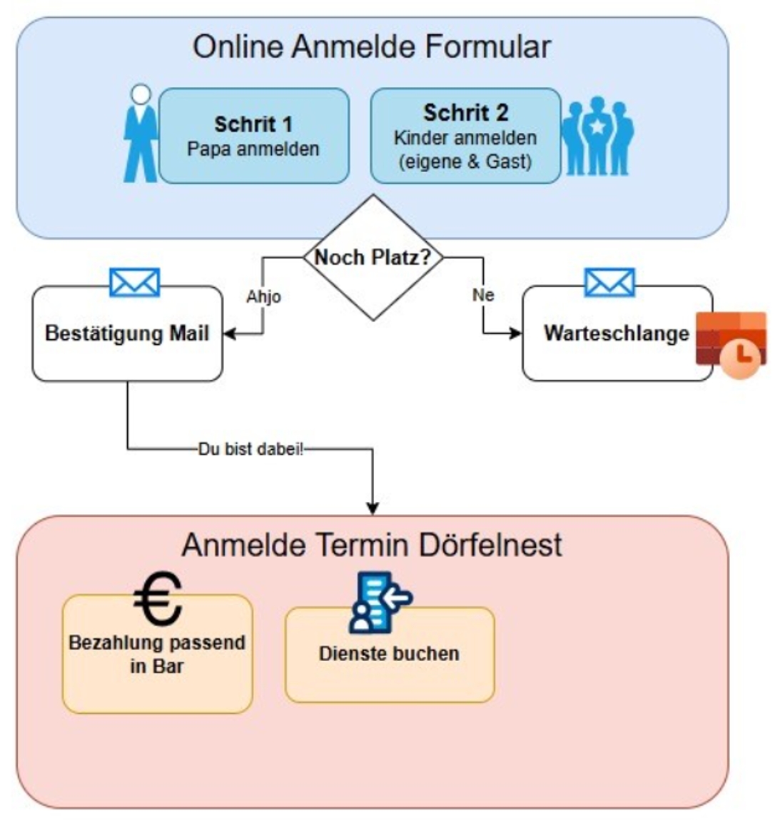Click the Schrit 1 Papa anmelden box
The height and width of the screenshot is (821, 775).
tap(253, 136)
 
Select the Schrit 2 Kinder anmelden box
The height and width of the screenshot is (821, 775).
tap(465, 136)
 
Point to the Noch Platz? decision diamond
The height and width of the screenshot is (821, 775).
tap(373, 257)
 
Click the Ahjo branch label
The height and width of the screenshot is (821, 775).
tap(263, 296)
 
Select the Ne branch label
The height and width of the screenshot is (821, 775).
tap(483, 295)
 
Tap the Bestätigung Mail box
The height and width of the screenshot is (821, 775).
tap(127, 333)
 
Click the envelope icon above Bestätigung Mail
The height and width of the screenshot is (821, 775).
tap(135, 283)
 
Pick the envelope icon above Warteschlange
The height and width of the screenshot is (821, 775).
tap(609, 283)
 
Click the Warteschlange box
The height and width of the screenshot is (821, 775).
tap(617, 333)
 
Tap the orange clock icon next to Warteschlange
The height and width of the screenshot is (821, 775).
tap(732, 345)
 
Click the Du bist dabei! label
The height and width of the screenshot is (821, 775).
tap(250, 450)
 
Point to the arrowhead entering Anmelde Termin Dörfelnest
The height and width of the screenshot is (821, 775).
tap(373, 508)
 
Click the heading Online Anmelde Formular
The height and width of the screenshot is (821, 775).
tap(372, 47)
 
